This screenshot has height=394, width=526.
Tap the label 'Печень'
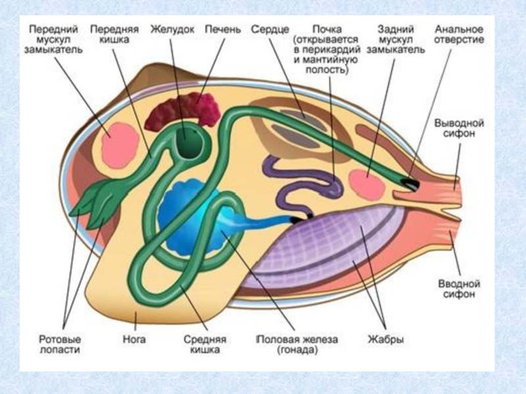pyautogui.click(x=223, y=30)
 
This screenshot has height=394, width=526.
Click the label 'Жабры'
pyautogui.click(x=385, y=340)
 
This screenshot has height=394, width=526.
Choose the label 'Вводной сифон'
pyautogui.click(x=459, y=290)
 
